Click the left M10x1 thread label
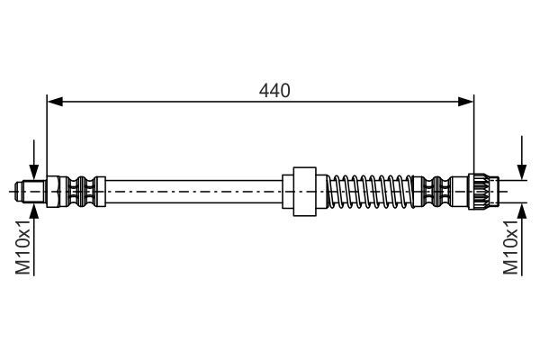pos(26,249)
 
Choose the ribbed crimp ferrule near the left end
pos(82,191)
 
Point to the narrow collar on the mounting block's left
pos(287,191)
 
